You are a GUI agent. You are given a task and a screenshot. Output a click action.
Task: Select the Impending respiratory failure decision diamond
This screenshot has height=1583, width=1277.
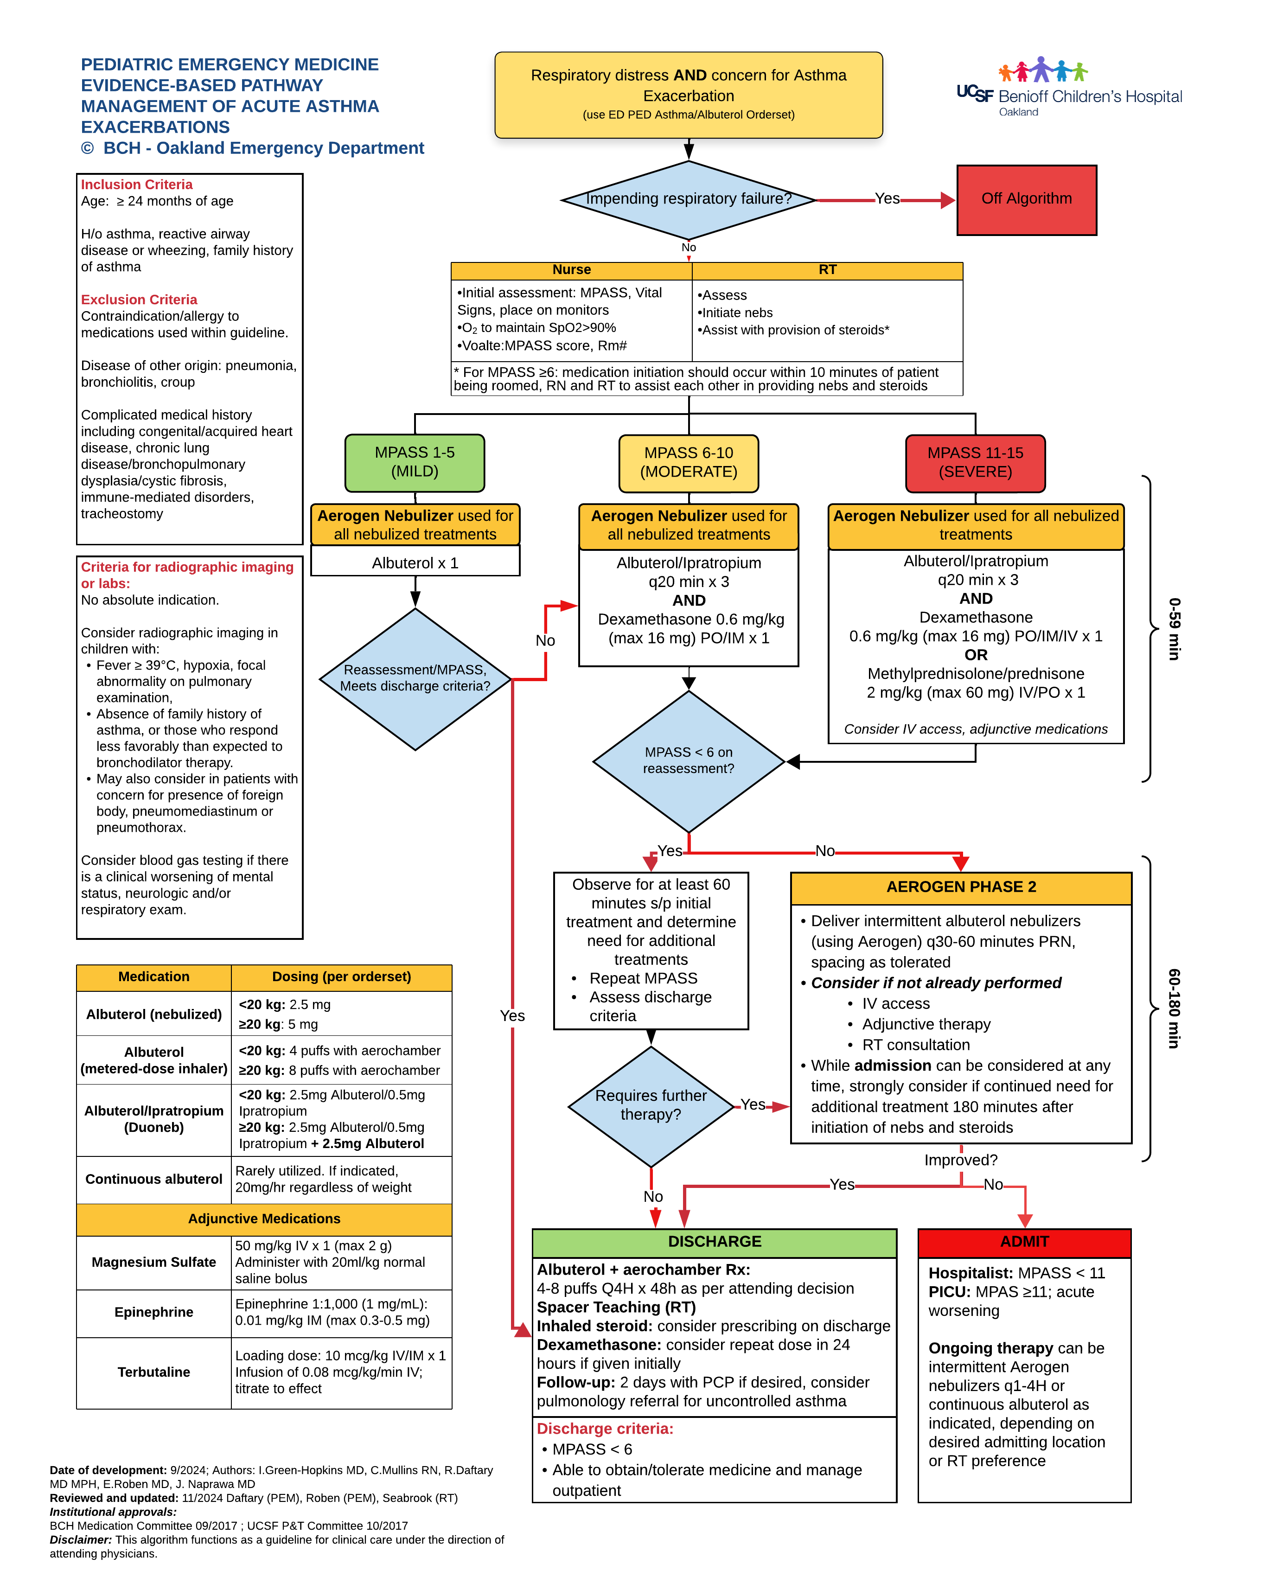click(x=689, y=199)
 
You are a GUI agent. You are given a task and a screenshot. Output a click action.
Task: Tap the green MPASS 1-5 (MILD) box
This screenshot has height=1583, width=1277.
click(x=415, y=463)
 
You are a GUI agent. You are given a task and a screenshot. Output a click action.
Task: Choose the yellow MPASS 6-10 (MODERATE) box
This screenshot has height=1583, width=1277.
click(x=689, y=463)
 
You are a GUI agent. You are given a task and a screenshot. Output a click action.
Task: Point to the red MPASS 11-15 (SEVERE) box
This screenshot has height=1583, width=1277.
click(x=976, y=463)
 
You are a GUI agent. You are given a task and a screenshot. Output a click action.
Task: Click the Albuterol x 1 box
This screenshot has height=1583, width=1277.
click(x=415, y=563)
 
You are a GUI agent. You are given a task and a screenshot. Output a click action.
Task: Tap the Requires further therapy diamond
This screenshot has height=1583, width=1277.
click(x=651, y=1105)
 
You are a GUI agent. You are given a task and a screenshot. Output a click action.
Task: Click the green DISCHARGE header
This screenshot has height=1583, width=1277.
click(x=714, y=1242)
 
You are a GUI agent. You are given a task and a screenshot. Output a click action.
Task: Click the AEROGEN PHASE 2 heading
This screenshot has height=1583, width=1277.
click(x=961, y=887)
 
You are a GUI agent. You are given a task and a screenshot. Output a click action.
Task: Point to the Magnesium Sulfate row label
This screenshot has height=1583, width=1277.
click(x=154, y=1262)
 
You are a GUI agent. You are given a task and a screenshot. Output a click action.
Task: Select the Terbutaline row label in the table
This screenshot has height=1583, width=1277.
click(x=154, y=1372)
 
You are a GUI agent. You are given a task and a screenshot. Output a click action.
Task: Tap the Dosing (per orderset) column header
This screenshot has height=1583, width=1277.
click(x=341, y=977)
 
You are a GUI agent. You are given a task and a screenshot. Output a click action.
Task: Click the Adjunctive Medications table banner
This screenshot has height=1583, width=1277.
click(x=264, y=1219)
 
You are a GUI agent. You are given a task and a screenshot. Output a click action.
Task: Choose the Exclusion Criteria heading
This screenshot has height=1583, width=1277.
click(x=139, y=300)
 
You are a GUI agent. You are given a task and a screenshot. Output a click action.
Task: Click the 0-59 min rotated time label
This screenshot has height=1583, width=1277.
click(x=1174, y=629)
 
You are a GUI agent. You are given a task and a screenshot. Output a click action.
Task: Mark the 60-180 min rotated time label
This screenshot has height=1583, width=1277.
click(x=1174, y=1009)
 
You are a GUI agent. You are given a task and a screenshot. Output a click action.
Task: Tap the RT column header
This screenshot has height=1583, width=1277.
click(x=828, y=270)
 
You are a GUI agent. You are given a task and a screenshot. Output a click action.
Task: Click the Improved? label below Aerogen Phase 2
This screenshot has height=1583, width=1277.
click(x=961, y=1160)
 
